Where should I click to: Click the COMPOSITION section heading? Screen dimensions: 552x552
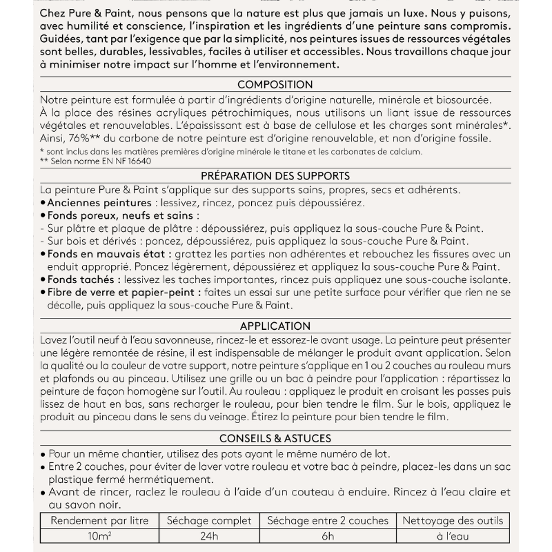coord(276,85)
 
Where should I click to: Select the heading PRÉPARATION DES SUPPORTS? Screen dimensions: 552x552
coord(276,176)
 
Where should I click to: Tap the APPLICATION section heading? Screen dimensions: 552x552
coord(276,326)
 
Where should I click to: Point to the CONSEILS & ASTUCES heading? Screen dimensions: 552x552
coord(276,438)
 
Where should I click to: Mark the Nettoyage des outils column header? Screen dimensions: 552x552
coord(453,520)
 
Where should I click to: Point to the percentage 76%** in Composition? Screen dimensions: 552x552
coord(86,138)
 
